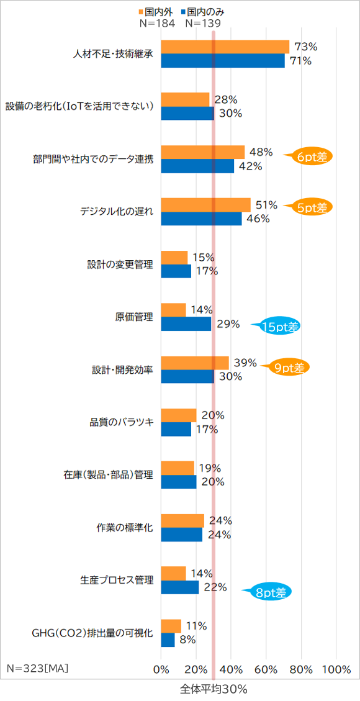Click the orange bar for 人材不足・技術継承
[x=225, y=47]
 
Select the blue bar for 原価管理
[x=186, y=323]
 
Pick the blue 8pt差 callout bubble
[x=269, y=592]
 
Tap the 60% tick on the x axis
[x=266, y=669]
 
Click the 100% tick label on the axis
[x=336, y=669]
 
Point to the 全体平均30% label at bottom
[x=214, y=689]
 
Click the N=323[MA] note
[x=37, y=668]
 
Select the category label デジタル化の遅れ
[x=116, y=212]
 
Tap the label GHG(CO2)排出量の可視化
[x=92, y=633]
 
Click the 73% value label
[x=306, y=47]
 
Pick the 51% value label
[x=266, y=205]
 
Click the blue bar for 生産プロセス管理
[x=180, y=587]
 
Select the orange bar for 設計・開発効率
[x=195, y=363]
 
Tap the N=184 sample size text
[x=157, y=24]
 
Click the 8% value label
[x=187, y=640]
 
